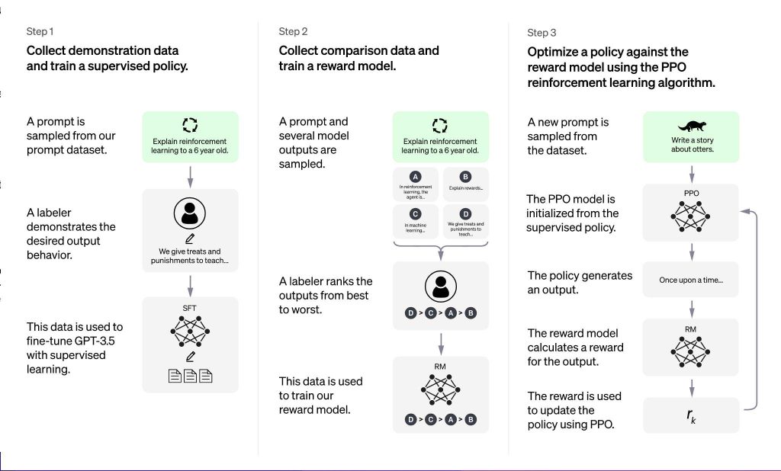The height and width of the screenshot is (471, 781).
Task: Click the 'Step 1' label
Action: pyautogui.click(x=40, y=31)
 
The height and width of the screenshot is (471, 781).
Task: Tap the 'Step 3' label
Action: pyautogui.click(x=542, y=33)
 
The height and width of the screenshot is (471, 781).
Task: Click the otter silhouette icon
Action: pyautogui.click(x=692, y=126)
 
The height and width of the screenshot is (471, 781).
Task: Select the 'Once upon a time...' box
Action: pyautogui.click(x=691, y=280)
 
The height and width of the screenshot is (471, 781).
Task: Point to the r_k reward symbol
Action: pyautogui.click(x=691, y=415)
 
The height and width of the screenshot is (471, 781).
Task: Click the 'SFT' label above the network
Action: pyautogui.click(x=189, y=308)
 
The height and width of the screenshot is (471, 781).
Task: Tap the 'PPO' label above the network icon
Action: pyautogui.click(x=691, y=193)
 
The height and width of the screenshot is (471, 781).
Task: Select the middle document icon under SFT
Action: pyautogui.click(x=190, y=376)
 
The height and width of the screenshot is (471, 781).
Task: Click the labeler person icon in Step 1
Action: pyautogui.click(x=190, y=213)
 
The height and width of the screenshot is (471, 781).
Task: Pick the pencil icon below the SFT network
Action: pyautogui.click(x=190, y=357)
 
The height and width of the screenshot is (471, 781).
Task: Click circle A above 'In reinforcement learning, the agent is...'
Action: pyautogui.click(x=416, y=177)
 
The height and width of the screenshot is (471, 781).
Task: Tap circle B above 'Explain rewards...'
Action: pyautogui.click(x=465, y=177)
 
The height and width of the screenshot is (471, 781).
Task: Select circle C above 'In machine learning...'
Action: pyautogui.click(x=416, y=214)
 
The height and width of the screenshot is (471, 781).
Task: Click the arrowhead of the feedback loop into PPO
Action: pyautogui.click(x=744, y=212)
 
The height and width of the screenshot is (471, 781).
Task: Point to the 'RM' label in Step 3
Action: pyautogui.click(x=690, y=329)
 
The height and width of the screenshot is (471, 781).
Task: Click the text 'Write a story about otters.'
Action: pyautogui.click(x=693, y=145)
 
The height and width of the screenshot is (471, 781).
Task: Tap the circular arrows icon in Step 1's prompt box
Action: pyautogui.click(x=190, y=125)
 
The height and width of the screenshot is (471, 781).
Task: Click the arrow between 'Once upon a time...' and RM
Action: pyautogui.click(x=691, y=309)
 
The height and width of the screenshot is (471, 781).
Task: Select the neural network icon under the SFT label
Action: pyautogui.click(x=190, y=331)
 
